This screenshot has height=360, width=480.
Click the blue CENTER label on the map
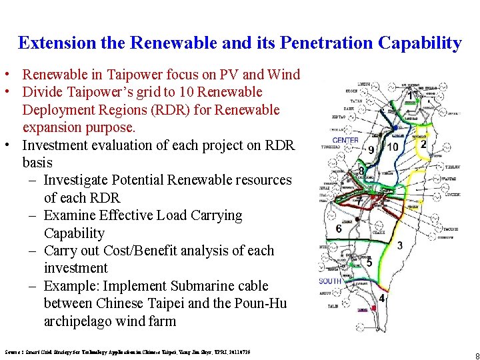click(x=345, y=140)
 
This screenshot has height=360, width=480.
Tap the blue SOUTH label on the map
click(x=329, y=281)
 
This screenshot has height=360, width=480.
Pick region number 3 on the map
click(x=399, y=245)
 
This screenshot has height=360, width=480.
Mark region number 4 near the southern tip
click(x=381, y=298)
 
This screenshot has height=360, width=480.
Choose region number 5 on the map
click(x=369, y=263)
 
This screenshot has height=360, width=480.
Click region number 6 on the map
click(x=339, y=229)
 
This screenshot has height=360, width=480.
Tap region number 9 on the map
click(x=371, y=150)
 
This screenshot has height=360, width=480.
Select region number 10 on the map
click(x=393, y=147)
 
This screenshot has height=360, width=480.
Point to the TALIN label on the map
click(x=331, y=307)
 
